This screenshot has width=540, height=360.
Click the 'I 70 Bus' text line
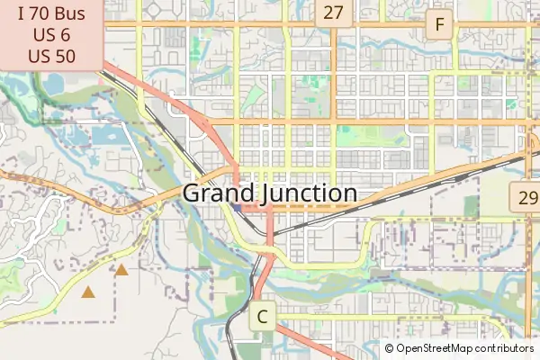[51, 14]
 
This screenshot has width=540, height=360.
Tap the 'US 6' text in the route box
[51, 35]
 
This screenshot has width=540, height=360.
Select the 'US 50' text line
[51, 55]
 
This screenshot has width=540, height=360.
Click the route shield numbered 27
[334, 13]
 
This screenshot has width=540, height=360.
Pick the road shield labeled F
[439, 25]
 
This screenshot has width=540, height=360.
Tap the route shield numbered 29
[526, 198]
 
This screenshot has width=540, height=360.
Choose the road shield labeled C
[263, 317]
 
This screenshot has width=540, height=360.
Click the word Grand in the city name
[214, 193]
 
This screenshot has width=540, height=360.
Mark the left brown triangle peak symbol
[88, 292]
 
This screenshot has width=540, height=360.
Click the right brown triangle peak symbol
[121, 269]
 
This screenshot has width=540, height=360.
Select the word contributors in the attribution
[505, 348]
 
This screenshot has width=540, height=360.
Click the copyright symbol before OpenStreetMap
[389, 348]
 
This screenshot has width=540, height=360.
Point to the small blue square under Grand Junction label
[237, 210]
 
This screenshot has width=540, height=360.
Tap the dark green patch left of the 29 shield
[471, 206]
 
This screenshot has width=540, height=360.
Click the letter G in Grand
[193, 193]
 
